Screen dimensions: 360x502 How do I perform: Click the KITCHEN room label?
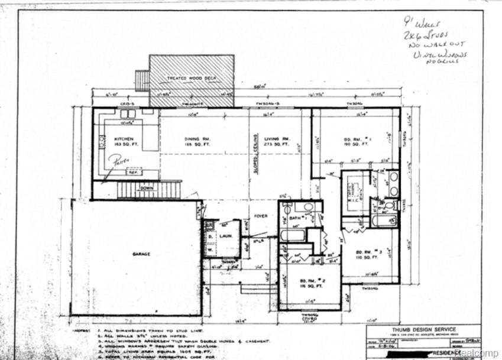pyautogui.click(x=124, y=140)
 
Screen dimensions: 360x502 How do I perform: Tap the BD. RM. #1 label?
pyautogui.click(x=357, y=140)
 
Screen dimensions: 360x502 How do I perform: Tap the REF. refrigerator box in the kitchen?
pyautogui.click(x=132, y=174)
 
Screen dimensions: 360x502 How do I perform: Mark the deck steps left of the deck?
pyautogui.click(x=142, y=80)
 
